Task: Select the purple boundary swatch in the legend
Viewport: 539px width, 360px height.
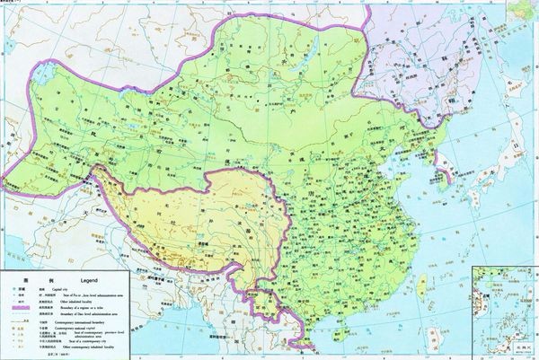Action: click(19, 306)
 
